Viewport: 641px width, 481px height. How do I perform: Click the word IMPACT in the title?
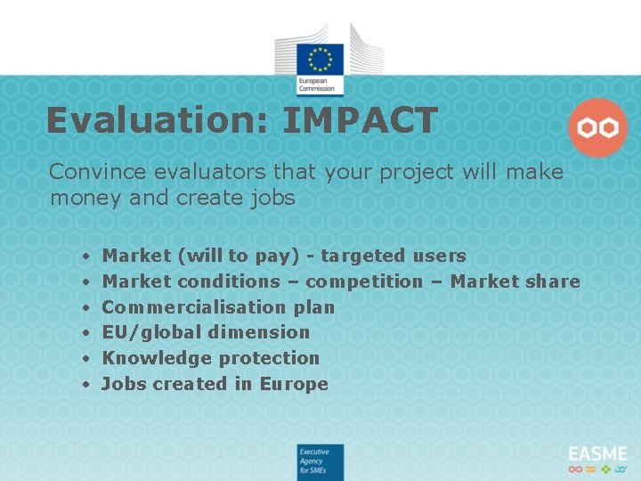(361, 121)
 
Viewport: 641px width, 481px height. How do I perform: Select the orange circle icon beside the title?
(597, 128)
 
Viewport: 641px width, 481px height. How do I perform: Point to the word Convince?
(93, 172)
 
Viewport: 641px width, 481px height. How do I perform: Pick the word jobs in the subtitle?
(272, 198)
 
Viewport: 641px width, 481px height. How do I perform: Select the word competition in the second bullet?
(364, 281)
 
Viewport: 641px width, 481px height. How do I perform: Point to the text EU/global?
(145, 332)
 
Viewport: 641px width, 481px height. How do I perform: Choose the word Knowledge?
(149, 358)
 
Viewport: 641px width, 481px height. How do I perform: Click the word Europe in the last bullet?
(294, 384)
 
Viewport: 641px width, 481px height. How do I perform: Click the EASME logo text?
(597, 453)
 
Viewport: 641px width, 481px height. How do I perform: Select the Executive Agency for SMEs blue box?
(320, 462)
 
